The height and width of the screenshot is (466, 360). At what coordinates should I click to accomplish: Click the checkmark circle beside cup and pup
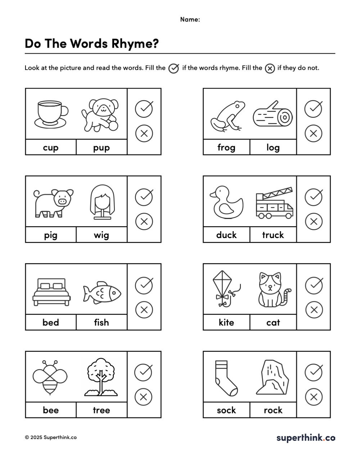pos(144,108)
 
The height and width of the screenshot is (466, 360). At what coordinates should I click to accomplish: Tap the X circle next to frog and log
pos(313,133)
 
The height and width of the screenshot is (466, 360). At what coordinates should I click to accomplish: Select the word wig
pos(102,235)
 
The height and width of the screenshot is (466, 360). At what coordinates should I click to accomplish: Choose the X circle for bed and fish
pos(144,309)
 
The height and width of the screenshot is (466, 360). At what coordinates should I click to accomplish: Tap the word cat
pos(273,322)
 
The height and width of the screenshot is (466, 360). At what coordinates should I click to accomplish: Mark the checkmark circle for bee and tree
pos(143,372)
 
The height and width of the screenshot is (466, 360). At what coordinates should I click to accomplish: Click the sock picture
pos(225,378)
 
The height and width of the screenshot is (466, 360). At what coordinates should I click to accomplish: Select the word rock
pos(273,410)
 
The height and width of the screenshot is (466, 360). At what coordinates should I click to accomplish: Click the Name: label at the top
pos(190,19)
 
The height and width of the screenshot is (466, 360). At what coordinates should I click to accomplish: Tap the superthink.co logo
pos(306,438)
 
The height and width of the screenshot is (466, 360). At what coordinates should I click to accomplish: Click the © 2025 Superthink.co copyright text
pos(51,438)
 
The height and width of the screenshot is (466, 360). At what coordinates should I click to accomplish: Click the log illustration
pos(273,115)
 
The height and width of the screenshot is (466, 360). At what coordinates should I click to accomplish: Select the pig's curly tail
pos(36,194)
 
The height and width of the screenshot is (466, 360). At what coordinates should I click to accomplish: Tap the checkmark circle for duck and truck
pos(313,196)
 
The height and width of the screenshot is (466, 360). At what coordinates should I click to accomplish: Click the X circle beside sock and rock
pos(313,397)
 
